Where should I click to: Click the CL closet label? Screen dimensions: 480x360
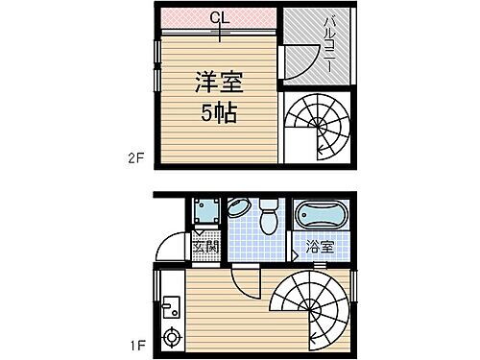[x=219, y=16]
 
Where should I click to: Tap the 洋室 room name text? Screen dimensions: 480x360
[x=219, y=80]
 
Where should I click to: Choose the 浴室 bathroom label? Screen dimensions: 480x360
[x=321, y=246]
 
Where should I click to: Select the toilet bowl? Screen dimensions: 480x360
[x=270, y=215]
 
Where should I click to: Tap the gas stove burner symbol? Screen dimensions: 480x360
[x=172, y=336]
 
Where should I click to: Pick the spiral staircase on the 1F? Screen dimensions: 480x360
[x=307, y=307]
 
